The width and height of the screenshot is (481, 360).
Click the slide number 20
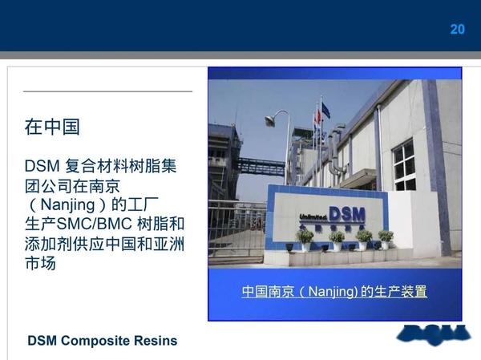(x=457, y=30)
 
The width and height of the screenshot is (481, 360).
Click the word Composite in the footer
(x=100, y=340)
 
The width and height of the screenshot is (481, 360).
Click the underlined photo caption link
(x=334, y=292)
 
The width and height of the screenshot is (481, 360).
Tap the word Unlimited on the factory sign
(x=313, y=215)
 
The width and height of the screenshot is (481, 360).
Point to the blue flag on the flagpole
(x=325, y=109)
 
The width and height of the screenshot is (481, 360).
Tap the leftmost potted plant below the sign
(x=305, y=237)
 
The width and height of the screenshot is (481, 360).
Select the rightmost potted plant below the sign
(x=386, y=237)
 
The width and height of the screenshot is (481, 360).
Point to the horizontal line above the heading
(x=108, y=91)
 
